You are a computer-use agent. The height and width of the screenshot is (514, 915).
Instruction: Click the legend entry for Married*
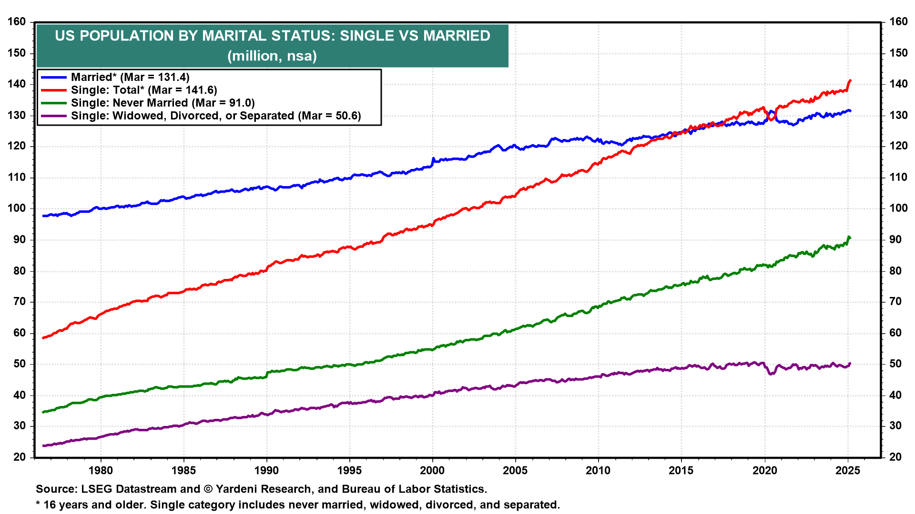(130, 77)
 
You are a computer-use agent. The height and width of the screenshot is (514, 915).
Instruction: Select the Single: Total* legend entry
(144, 90)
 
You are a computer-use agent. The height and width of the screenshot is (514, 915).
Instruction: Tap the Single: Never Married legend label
(163, 103)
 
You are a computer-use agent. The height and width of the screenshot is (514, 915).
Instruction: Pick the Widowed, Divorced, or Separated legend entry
(215, 116)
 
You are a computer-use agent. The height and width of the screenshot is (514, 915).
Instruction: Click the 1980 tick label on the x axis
(101, 470)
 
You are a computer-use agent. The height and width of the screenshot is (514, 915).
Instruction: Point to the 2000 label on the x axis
(432, 470)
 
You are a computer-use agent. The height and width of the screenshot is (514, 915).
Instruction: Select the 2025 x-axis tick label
(848, 470)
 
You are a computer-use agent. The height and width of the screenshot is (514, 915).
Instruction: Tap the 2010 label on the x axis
(598, 470)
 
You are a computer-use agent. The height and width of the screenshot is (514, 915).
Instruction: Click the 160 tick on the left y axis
(17, 22)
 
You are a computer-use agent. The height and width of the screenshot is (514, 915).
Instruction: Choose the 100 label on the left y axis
(17, 208)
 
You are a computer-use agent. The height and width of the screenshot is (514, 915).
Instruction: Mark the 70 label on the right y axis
(895, 301)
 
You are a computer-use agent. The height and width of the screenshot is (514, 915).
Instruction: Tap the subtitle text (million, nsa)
(272, 56)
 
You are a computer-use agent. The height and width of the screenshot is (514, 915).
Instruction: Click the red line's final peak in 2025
(850, 81)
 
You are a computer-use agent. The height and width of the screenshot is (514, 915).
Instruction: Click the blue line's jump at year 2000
(433, 159)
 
